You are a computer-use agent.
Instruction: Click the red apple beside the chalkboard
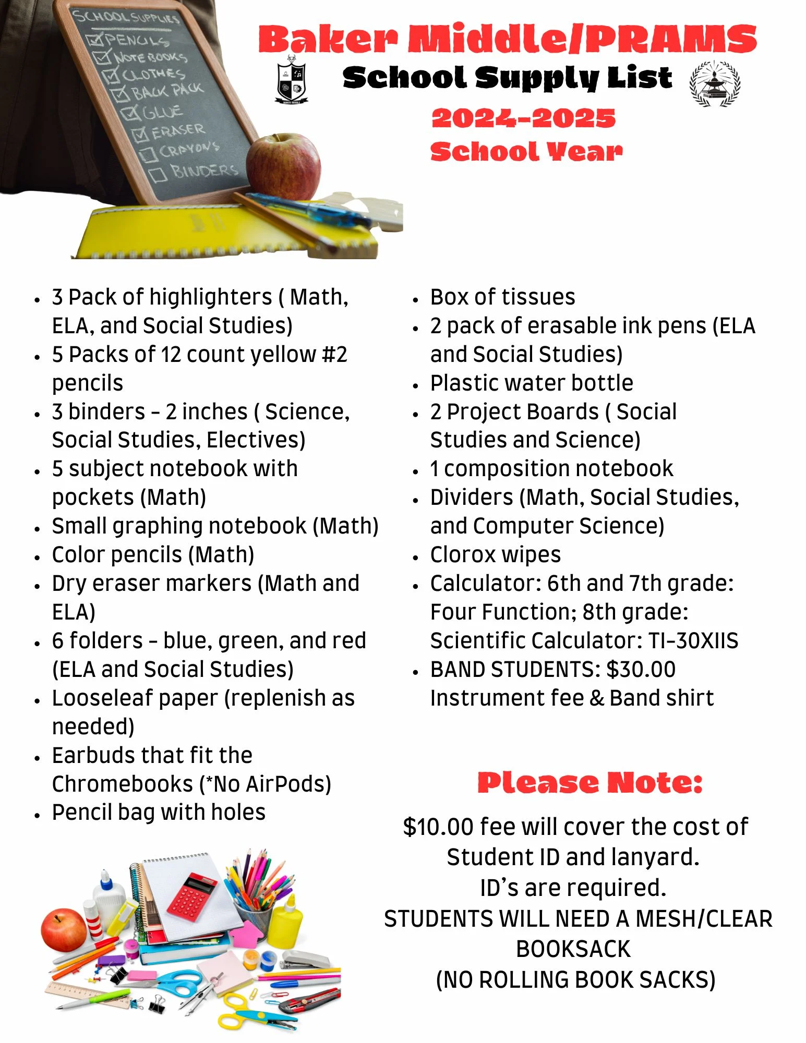283,167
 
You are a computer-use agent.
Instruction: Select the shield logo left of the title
292,80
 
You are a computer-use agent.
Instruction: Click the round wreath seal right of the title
715,83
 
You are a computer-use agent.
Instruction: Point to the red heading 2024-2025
524,118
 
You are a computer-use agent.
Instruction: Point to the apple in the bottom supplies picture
64,929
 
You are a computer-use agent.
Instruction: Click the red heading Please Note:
590,783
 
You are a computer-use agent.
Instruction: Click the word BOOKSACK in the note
573,949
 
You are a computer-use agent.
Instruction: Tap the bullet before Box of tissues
415,299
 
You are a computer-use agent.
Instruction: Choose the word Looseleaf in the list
97,698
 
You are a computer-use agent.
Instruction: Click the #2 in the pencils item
335,355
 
